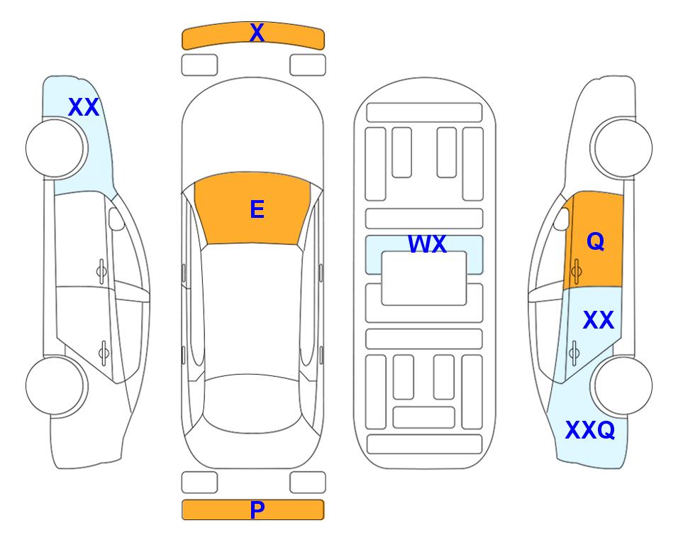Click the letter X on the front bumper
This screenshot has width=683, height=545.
coord(257,33)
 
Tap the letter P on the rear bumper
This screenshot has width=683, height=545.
coord(257,510)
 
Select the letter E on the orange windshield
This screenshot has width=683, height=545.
coord(257,209)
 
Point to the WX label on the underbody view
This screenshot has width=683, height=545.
coord(427,244)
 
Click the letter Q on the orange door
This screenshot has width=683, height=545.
coord(596,241)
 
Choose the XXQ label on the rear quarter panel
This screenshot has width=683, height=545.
coord(590,430)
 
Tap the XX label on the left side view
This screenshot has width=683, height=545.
coord(84,107)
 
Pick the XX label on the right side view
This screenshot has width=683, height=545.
coord(599,320)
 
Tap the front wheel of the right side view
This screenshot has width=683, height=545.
coord(621,148)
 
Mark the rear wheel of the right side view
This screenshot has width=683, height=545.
coord(621,385)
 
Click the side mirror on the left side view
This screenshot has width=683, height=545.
coord(116,219)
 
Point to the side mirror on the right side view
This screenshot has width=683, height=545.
coord(562,219)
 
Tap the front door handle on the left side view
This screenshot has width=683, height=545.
coord(101,272)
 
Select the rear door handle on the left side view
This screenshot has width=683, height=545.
coord(104,352)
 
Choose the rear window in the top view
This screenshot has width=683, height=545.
coord(252,404)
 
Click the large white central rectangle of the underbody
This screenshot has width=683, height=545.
coord(424,278)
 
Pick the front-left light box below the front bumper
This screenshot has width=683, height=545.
coord(199,65)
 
